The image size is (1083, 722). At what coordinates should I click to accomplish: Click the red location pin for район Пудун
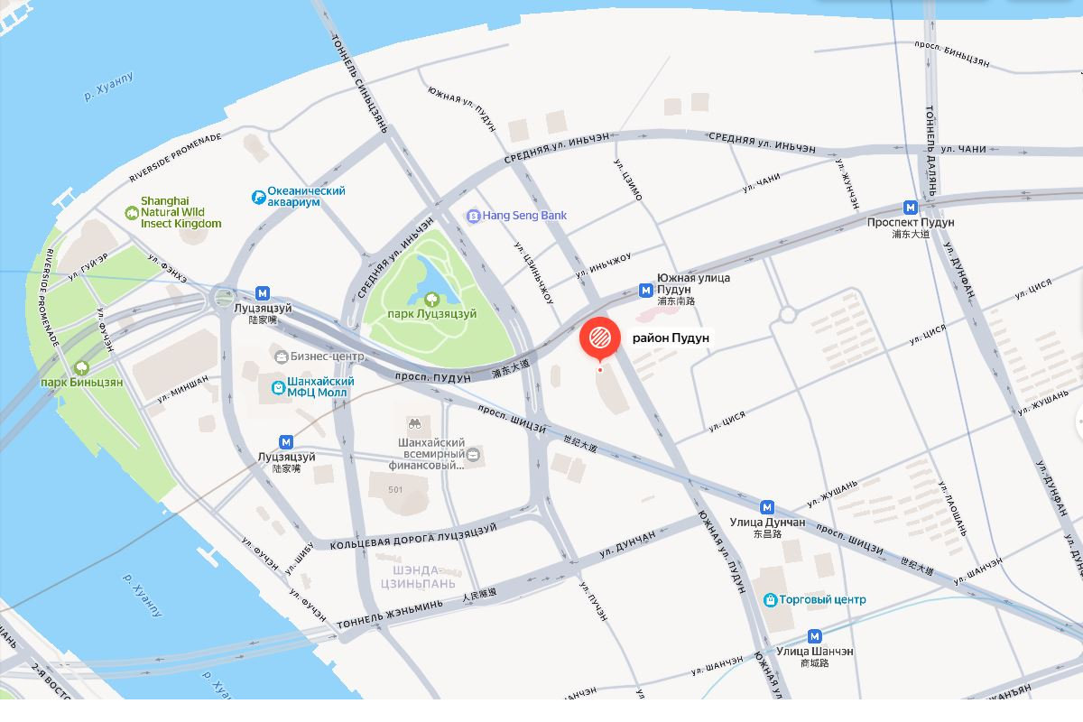click(599, 339)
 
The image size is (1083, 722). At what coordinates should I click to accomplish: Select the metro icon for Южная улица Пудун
click(646, 290)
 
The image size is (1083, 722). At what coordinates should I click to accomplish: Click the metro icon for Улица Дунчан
click(767, 507)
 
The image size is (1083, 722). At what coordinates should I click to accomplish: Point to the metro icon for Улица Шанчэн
click(815, 635)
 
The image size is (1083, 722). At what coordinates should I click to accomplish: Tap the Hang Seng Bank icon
click(473, 216)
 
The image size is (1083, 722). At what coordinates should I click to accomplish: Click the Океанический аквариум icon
click(258, 196)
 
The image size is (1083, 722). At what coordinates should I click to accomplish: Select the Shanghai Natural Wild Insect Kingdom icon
click(131, 212)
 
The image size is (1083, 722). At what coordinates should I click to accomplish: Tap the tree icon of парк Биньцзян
click(82, 367)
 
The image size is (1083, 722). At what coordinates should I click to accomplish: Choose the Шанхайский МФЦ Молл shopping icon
click(279, 388)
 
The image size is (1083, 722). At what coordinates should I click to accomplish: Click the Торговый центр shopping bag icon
click(770, 599)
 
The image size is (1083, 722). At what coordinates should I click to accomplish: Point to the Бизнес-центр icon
click(282, 356)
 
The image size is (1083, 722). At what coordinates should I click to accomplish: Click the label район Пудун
click(671, 338)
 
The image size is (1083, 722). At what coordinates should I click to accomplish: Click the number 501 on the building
click(395, 490)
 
